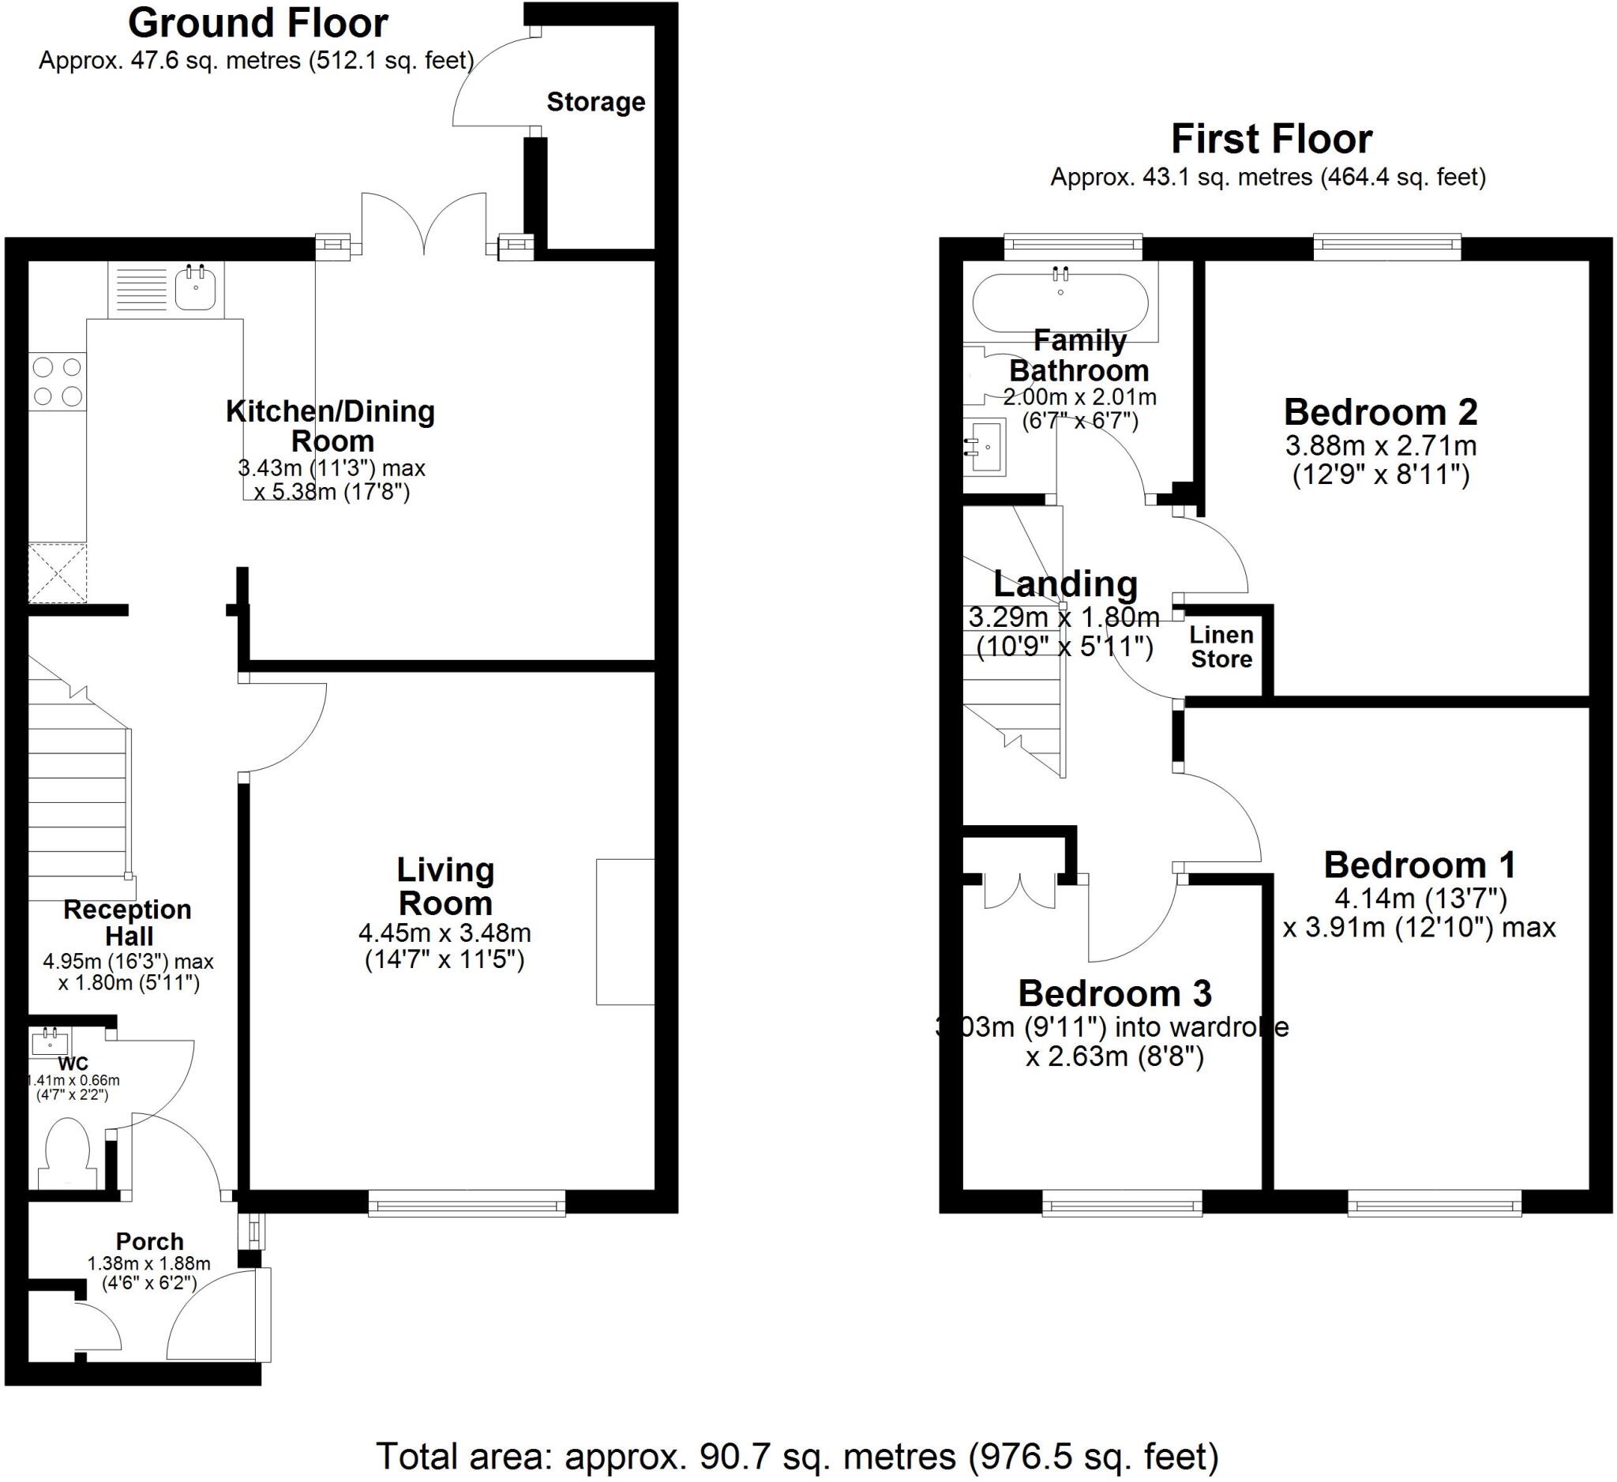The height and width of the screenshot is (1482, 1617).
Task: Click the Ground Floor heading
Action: pyautogui.click(x=257, y=23)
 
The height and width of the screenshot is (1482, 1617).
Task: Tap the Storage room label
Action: pyautogui.click(x=595, y=102)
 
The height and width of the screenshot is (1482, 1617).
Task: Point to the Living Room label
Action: pyautogui.click(x=445, y=886)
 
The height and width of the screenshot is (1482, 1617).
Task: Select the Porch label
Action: pyautogui.click(x=150, y=1241)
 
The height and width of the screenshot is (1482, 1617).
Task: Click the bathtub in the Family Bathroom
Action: pyautogui.click(x=1060, y=303)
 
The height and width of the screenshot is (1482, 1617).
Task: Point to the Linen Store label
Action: pyautogui.click(x=1221, y=647)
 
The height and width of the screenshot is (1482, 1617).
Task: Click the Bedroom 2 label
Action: pyautogui.click(x=1380, y=412)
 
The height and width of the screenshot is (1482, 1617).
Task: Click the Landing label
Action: pyautogui.click(x=1065, y=583)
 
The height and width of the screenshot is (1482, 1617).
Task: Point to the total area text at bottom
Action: pyautogui.click(x=797, y=1456)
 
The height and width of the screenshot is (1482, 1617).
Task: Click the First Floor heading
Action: pyautogui.click(x=1271, y=139)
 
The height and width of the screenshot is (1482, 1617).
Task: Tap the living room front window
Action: pyautogui.click(x=467, y=1203)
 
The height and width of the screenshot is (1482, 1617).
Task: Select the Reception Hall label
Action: pyautogui.click(x=128, y=922)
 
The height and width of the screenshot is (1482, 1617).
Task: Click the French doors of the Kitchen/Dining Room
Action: pyautogui.click(x=423, y=224)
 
